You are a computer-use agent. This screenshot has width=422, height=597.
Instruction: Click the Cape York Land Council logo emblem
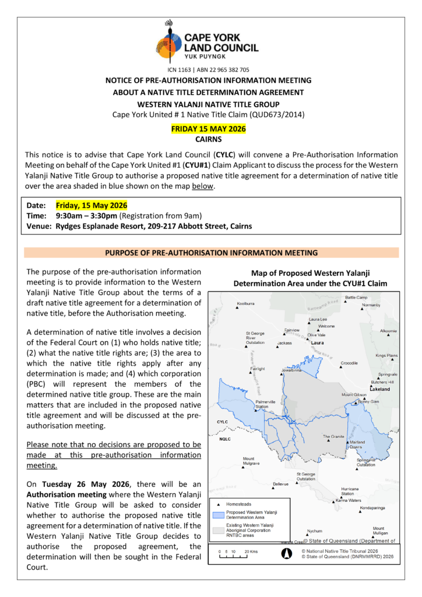click(x=169, y=42)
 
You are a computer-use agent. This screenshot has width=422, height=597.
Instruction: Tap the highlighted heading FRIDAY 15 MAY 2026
click(x=208, y=129)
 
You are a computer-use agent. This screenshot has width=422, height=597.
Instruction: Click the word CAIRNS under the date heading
click(x=208, y=140)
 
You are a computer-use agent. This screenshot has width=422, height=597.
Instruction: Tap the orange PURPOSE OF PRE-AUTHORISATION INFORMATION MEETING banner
click(x=211, y=253)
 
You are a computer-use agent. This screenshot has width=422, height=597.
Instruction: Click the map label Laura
click(x=318, y=343)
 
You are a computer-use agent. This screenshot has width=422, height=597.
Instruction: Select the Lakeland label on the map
click(x=379, y=388)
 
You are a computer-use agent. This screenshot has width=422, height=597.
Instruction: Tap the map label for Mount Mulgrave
click(x=251, y=461)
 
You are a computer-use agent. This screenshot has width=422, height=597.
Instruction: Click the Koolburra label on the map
click(x=246, y=304)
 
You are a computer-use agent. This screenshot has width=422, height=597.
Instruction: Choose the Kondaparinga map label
click(x=372, y=508)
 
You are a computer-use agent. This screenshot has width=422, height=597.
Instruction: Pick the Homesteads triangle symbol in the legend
click(x=219, y=504)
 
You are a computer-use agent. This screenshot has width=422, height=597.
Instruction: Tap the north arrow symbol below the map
click(x=286, y=554)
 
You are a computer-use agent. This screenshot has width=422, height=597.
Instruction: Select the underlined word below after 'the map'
click(x=203, y=187)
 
